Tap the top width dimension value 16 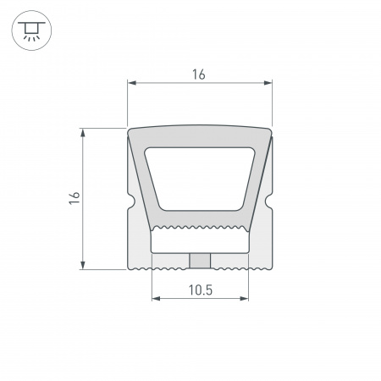(x=199, y=75)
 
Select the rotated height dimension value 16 (x=75, y=198)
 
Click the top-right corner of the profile (x=271, y=130)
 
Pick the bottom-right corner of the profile (x=271, y=268)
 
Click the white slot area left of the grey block (x=169, y=242)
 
